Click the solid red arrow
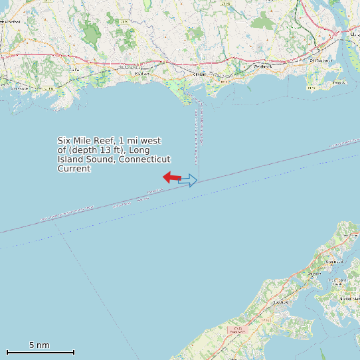tap(171, 177)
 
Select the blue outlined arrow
tap(188, 180)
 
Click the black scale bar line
tap(41, 352)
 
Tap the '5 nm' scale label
tap(39, 345)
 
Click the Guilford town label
tap(74, 69)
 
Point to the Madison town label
tap(141, 74)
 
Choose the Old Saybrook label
tap(320, 60)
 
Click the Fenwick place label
tap(339, 82)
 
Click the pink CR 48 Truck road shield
tap(235, 329)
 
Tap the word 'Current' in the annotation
tap(74, 169)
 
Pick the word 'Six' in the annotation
tap(64, 141)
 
